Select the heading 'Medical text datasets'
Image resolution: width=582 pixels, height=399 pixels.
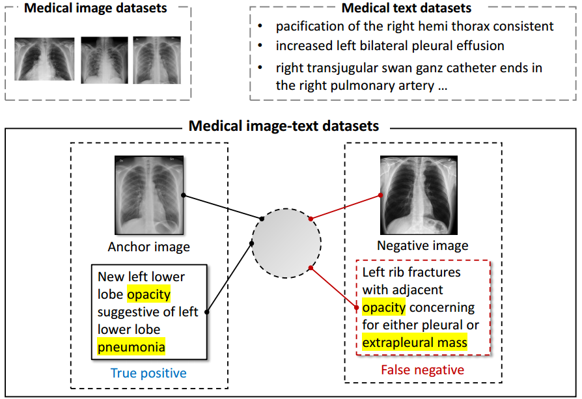407,8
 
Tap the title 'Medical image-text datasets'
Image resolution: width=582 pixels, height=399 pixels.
284,126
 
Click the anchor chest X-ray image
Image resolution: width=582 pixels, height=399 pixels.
149,195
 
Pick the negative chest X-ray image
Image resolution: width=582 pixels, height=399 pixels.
423,195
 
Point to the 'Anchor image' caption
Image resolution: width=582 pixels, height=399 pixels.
148,247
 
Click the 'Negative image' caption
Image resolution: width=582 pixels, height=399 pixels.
423,245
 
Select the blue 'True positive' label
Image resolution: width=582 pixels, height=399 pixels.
148,373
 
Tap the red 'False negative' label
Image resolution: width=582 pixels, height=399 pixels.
423,370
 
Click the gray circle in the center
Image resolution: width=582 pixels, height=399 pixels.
286,242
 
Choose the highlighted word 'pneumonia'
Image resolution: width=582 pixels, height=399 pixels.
132,347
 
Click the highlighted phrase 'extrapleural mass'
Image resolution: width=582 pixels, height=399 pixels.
415,342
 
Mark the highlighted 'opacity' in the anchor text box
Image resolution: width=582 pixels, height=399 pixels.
148,294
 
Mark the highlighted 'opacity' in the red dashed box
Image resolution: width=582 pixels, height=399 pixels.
384,307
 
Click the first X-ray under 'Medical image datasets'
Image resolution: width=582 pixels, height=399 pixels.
44,59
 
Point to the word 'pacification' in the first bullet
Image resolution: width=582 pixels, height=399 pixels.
308,27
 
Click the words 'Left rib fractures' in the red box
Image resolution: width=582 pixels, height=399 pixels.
411,272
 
